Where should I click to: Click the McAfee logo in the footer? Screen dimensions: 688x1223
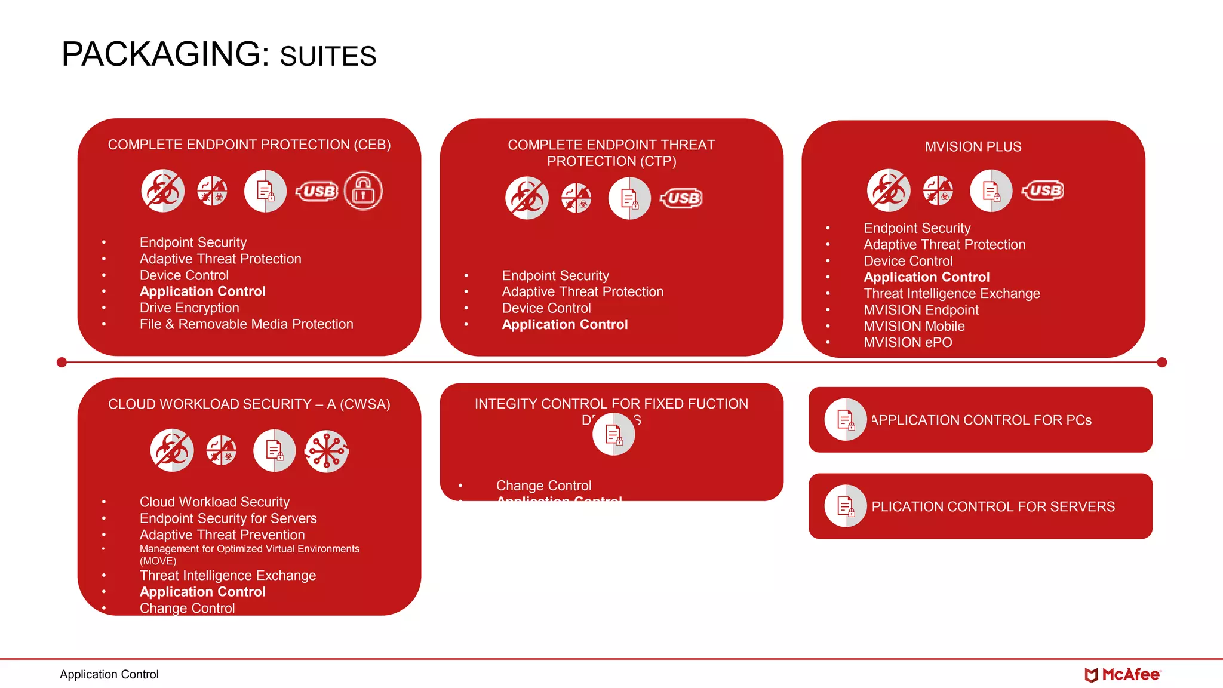1122,675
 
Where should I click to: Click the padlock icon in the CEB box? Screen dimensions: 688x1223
363,191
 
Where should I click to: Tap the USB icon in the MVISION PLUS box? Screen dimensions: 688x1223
1043,191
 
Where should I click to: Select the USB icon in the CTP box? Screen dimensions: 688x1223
681,198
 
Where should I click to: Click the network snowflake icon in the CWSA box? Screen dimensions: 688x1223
326,451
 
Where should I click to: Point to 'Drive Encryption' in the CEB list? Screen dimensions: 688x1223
189,308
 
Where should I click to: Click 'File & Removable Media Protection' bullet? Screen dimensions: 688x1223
246,324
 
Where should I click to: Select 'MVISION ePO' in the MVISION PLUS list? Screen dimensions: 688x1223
908,343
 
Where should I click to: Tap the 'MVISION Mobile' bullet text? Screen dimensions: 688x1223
914,327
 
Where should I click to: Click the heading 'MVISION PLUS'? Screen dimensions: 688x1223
973,147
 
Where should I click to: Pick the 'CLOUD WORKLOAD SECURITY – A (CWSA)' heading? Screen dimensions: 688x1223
249,404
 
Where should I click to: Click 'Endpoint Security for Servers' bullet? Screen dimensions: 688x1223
228,518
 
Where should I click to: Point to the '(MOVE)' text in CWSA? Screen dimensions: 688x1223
158,561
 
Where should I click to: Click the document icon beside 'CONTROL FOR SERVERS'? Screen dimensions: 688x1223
845,506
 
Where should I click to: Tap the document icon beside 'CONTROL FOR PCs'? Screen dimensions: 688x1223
845,420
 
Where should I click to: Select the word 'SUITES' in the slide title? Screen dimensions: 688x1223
328,57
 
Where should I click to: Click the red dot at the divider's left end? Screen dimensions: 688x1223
62,362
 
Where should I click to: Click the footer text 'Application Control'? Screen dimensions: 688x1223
109,675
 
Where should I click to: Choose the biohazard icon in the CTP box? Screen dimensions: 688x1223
527,198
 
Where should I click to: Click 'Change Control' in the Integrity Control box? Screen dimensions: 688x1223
543,486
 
